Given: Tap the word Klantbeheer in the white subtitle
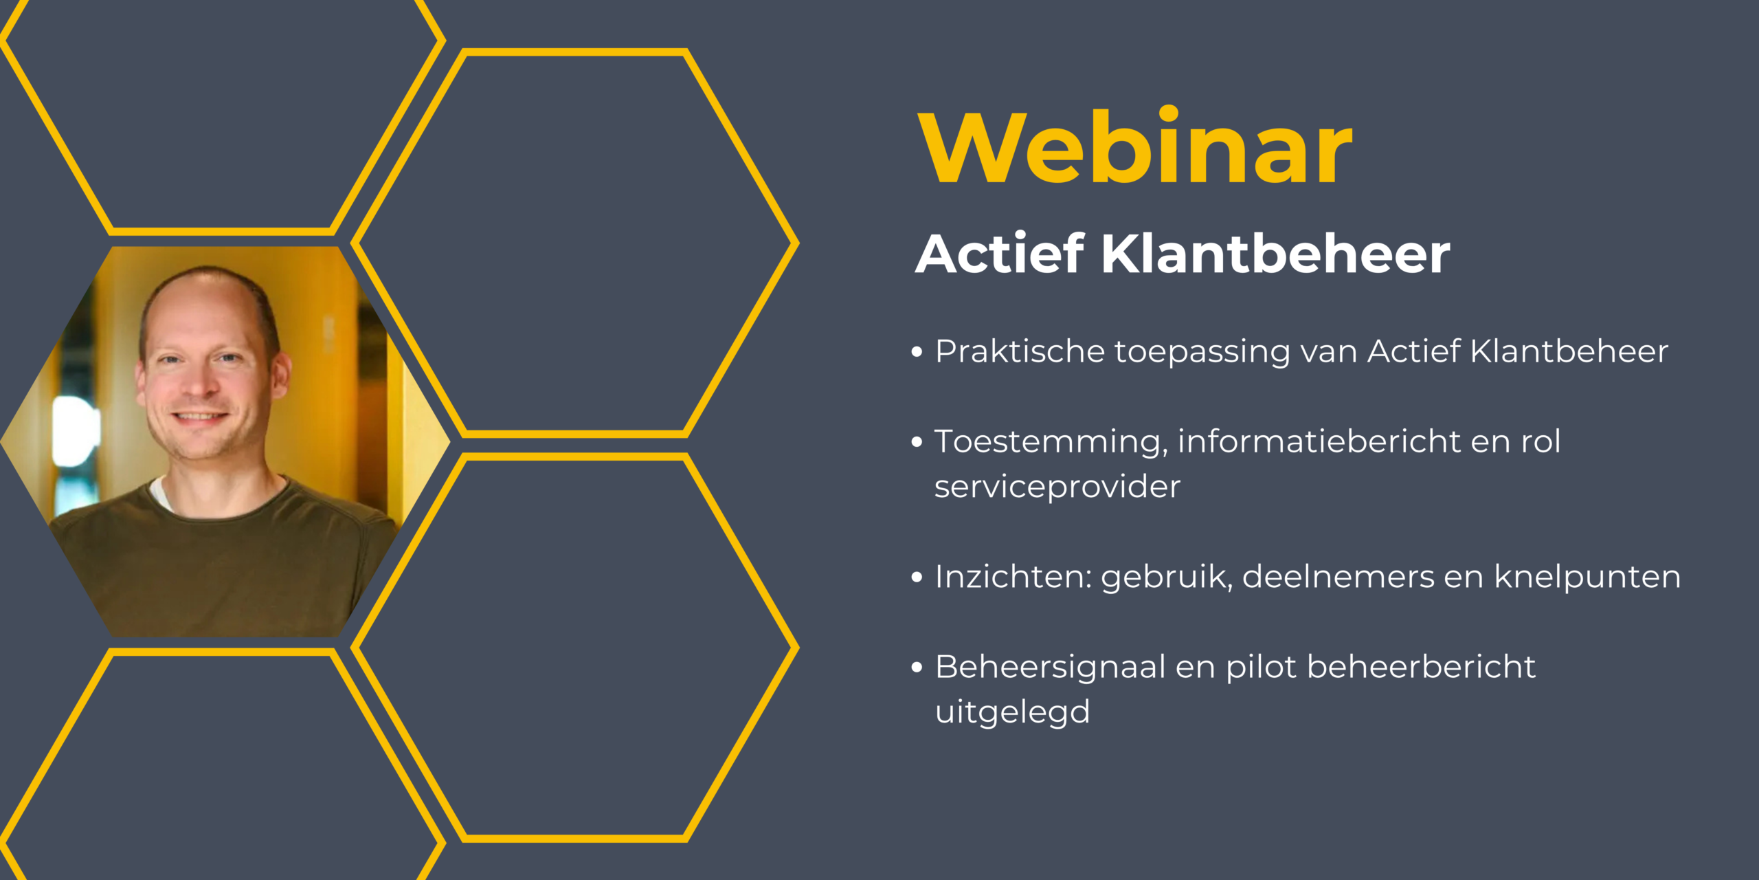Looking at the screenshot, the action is point(1276,254).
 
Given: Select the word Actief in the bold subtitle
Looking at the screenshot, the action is point(1000,253).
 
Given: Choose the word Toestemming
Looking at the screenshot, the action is point(1051,442).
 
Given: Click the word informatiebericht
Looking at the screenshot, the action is point(1319,441).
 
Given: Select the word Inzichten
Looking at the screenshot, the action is point(1014,577).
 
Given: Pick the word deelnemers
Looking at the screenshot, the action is point(1338,577).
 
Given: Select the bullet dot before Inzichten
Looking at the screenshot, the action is point(917,577).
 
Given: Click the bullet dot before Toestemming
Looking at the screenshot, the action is point(917,442).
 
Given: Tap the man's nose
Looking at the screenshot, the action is point(197,382).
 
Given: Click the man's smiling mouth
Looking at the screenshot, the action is point(199,417).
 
